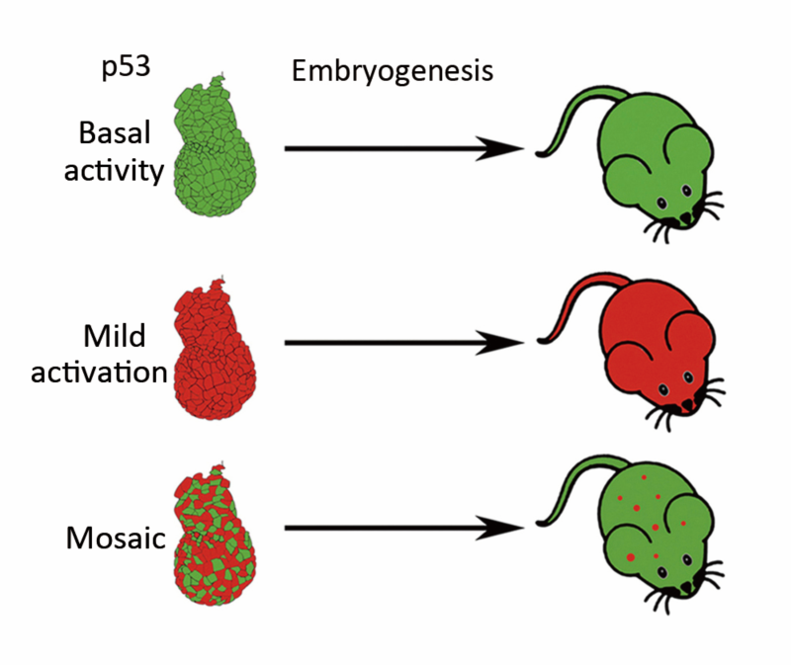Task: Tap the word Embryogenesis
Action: coord(392,72)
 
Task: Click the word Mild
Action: coord(121,337)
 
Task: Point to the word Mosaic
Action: coord(113,539)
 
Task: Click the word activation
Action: coord(112,374)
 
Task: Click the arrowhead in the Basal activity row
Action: coord(504,149)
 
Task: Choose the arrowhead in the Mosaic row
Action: coord(504,531)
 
